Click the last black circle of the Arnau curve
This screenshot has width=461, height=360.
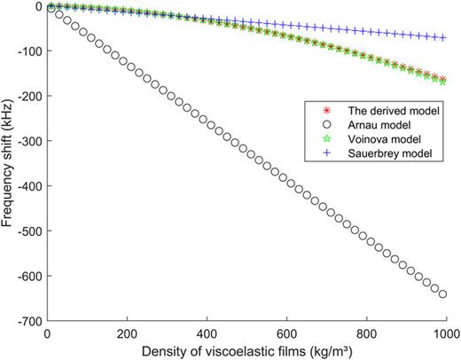click(441, 293)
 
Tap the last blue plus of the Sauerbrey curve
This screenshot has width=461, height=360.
click(441, 38)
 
